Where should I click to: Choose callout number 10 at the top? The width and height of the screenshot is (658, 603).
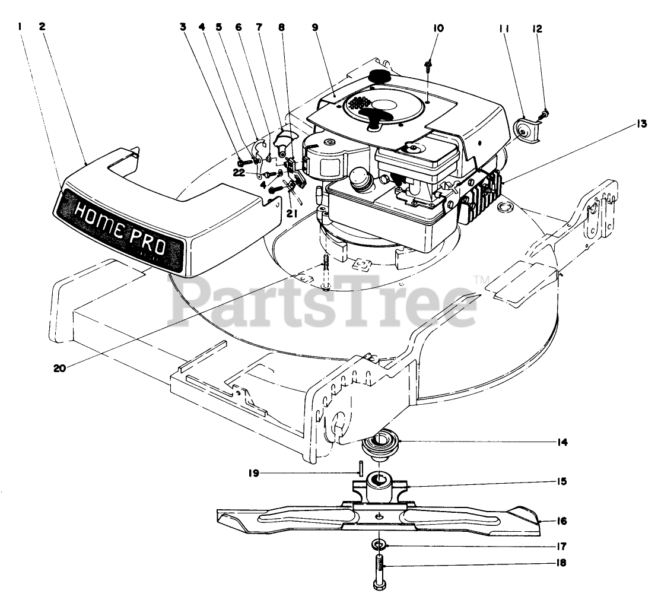click(x=438, y=28)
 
